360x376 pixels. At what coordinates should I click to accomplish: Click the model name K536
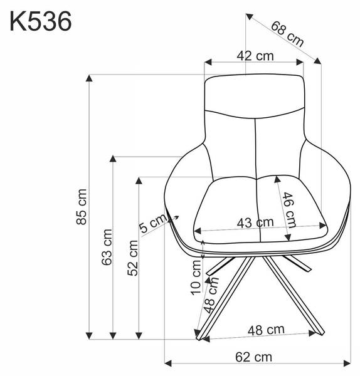pyautogui.click(x=41, y=21)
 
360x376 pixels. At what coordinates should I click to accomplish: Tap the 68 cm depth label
pyautogui.click(x=287, y=34)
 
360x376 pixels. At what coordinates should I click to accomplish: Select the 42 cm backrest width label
pyautogui.click(x=255, y=56)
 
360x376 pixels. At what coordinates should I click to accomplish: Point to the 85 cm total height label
pyautogui.click(x=82, y=207)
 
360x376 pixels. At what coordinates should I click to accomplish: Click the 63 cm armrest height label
pyautogui.click(x=107, y=247)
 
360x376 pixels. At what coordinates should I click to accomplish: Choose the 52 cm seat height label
pyautogui.click(x=132, y=258)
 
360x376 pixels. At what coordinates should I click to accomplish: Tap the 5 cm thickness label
pyautogui.click(x=152, y=223)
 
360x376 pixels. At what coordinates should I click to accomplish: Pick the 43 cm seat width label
pyautogui.click(x=255, y=222)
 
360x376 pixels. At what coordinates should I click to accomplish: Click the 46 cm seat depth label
pyautogui.click(x=289, y=210)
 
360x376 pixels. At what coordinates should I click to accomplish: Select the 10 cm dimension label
pyautogui.click(x=196, y=277)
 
